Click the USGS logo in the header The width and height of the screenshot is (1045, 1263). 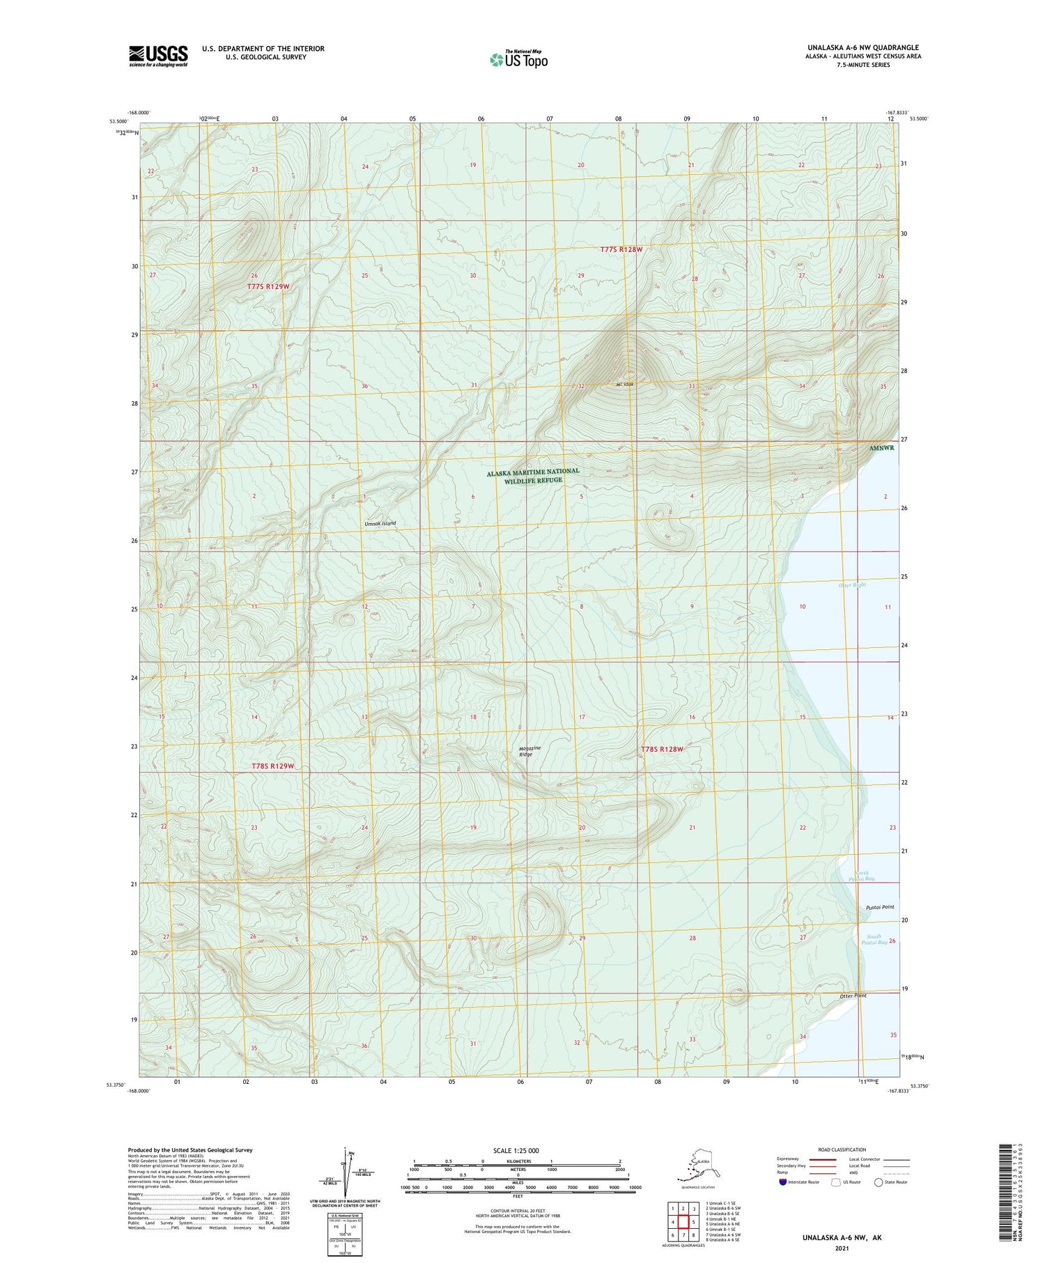click(x=158, y=56)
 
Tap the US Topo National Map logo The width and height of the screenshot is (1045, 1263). click(x=518, y=59)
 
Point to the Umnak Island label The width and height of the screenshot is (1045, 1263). click(x=380, y=523)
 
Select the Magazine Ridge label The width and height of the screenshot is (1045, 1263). click(x=529, y=751)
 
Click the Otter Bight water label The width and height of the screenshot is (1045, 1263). click(x=852, y=584)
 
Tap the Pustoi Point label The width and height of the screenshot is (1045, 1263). click(x=879, y=907)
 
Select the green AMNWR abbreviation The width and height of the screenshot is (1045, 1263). click(x=881, y=448)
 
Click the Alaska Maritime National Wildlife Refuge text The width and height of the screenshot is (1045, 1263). click(x=533, y=475)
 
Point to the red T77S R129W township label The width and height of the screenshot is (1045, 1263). click(x=268, y=286)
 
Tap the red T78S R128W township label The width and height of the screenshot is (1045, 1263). click(x=662, y=749)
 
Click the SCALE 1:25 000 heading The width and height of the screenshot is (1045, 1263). click(x=516, y=1150)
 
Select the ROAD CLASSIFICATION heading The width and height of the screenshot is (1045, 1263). click(x=842, y=1149)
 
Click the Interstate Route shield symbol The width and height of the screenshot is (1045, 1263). click(x=782, y=1182)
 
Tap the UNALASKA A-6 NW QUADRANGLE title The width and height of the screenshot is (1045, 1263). click(x=863, y=47)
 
